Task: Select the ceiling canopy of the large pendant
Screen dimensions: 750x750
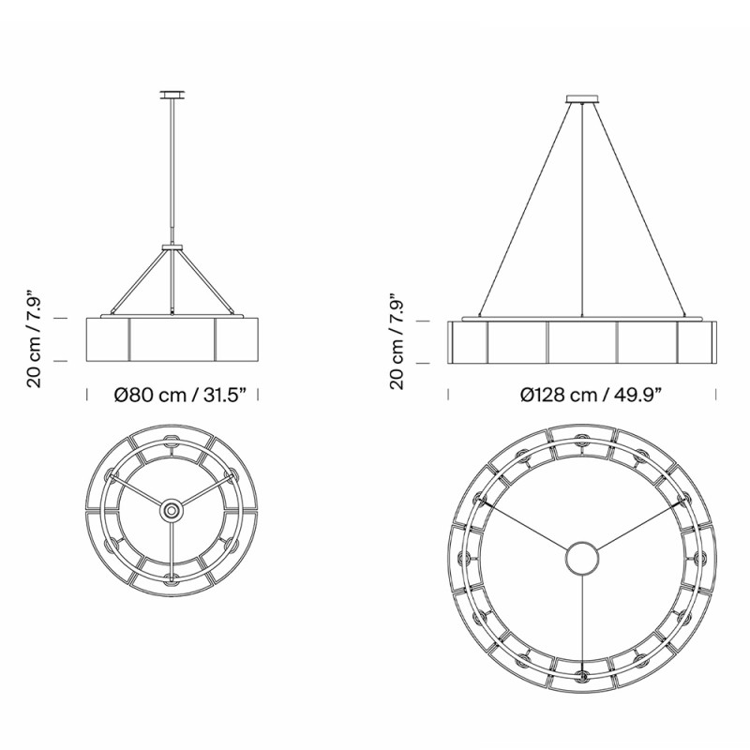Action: pos(583,97)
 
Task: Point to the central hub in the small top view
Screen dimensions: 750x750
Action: pos(172,510)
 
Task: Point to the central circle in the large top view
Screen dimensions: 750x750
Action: pos(583,559)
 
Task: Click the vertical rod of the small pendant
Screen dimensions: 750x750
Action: pos(172,169)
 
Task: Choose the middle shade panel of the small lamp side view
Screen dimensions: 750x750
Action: pos(172,339)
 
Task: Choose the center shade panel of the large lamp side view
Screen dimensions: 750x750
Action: pos(582,342)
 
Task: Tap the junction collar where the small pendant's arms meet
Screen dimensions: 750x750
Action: pos(172,247)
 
